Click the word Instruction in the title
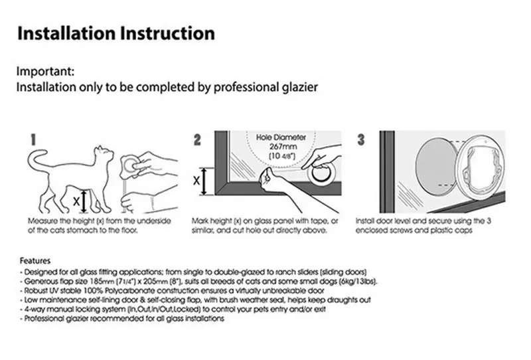[167, 34]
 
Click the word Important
[45, 72]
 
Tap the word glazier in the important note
[300, 88]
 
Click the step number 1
[33, 140]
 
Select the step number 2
[197, 140]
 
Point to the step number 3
[361, 140]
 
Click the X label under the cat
[76, 202]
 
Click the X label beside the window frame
[196, 181]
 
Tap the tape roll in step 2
[321, 173]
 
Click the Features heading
[35, 261]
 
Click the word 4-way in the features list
[35, 310]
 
